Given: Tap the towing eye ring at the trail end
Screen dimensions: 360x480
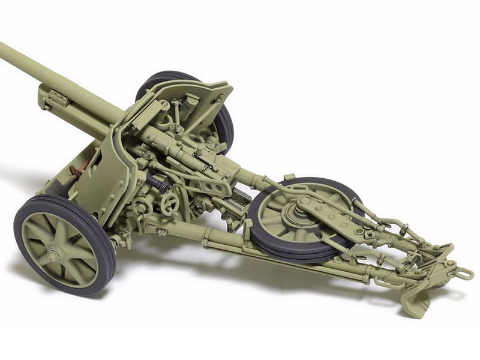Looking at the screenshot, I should click(463, 274).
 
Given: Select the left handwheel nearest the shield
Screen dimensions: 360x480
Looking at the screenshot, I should click(143, 208).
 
